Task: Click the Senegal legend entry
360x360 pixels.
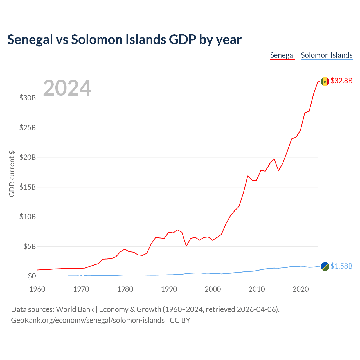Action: tap(282, 55)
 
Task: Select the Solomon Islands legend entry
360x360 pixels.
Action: tap(327, 55)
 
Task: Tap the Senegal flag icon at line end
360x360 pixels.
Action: tap(325, 81)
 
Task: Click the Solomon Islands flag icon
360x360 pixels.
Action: tap(325, 266)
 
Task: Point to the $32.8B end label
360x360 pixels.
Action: tap(341, 81)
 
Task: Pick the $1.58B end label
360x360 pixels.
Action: tap(341, 266)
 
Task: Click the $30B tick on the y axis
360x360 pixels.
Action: tap(28, 98)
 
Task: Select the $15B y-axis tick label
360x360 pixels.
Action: tap(28, 187)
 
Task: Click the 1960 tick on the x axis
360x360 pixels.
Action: tap(37, 289)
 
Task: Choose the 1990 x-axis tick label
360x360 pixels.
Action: tap(169, 289)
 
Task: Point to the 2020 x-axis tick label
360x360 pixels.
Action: tap(301, 289)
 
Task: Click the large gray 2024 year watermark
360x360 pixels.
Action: tap(67, 88)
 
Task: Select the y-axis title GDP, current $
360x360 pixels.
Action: tap(12, 174)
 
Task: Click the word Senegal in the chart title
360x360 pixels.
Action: tap(30, 40)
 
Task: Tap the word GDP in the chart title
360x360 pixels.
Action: tap(182, 40)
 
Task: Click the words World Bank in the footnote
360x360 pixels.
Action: tap(75, 309)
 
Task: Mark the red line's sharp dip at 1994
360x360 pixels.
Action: tap(186, 246)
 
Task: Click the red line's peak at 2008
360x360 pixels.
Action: tap(248, 176)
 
